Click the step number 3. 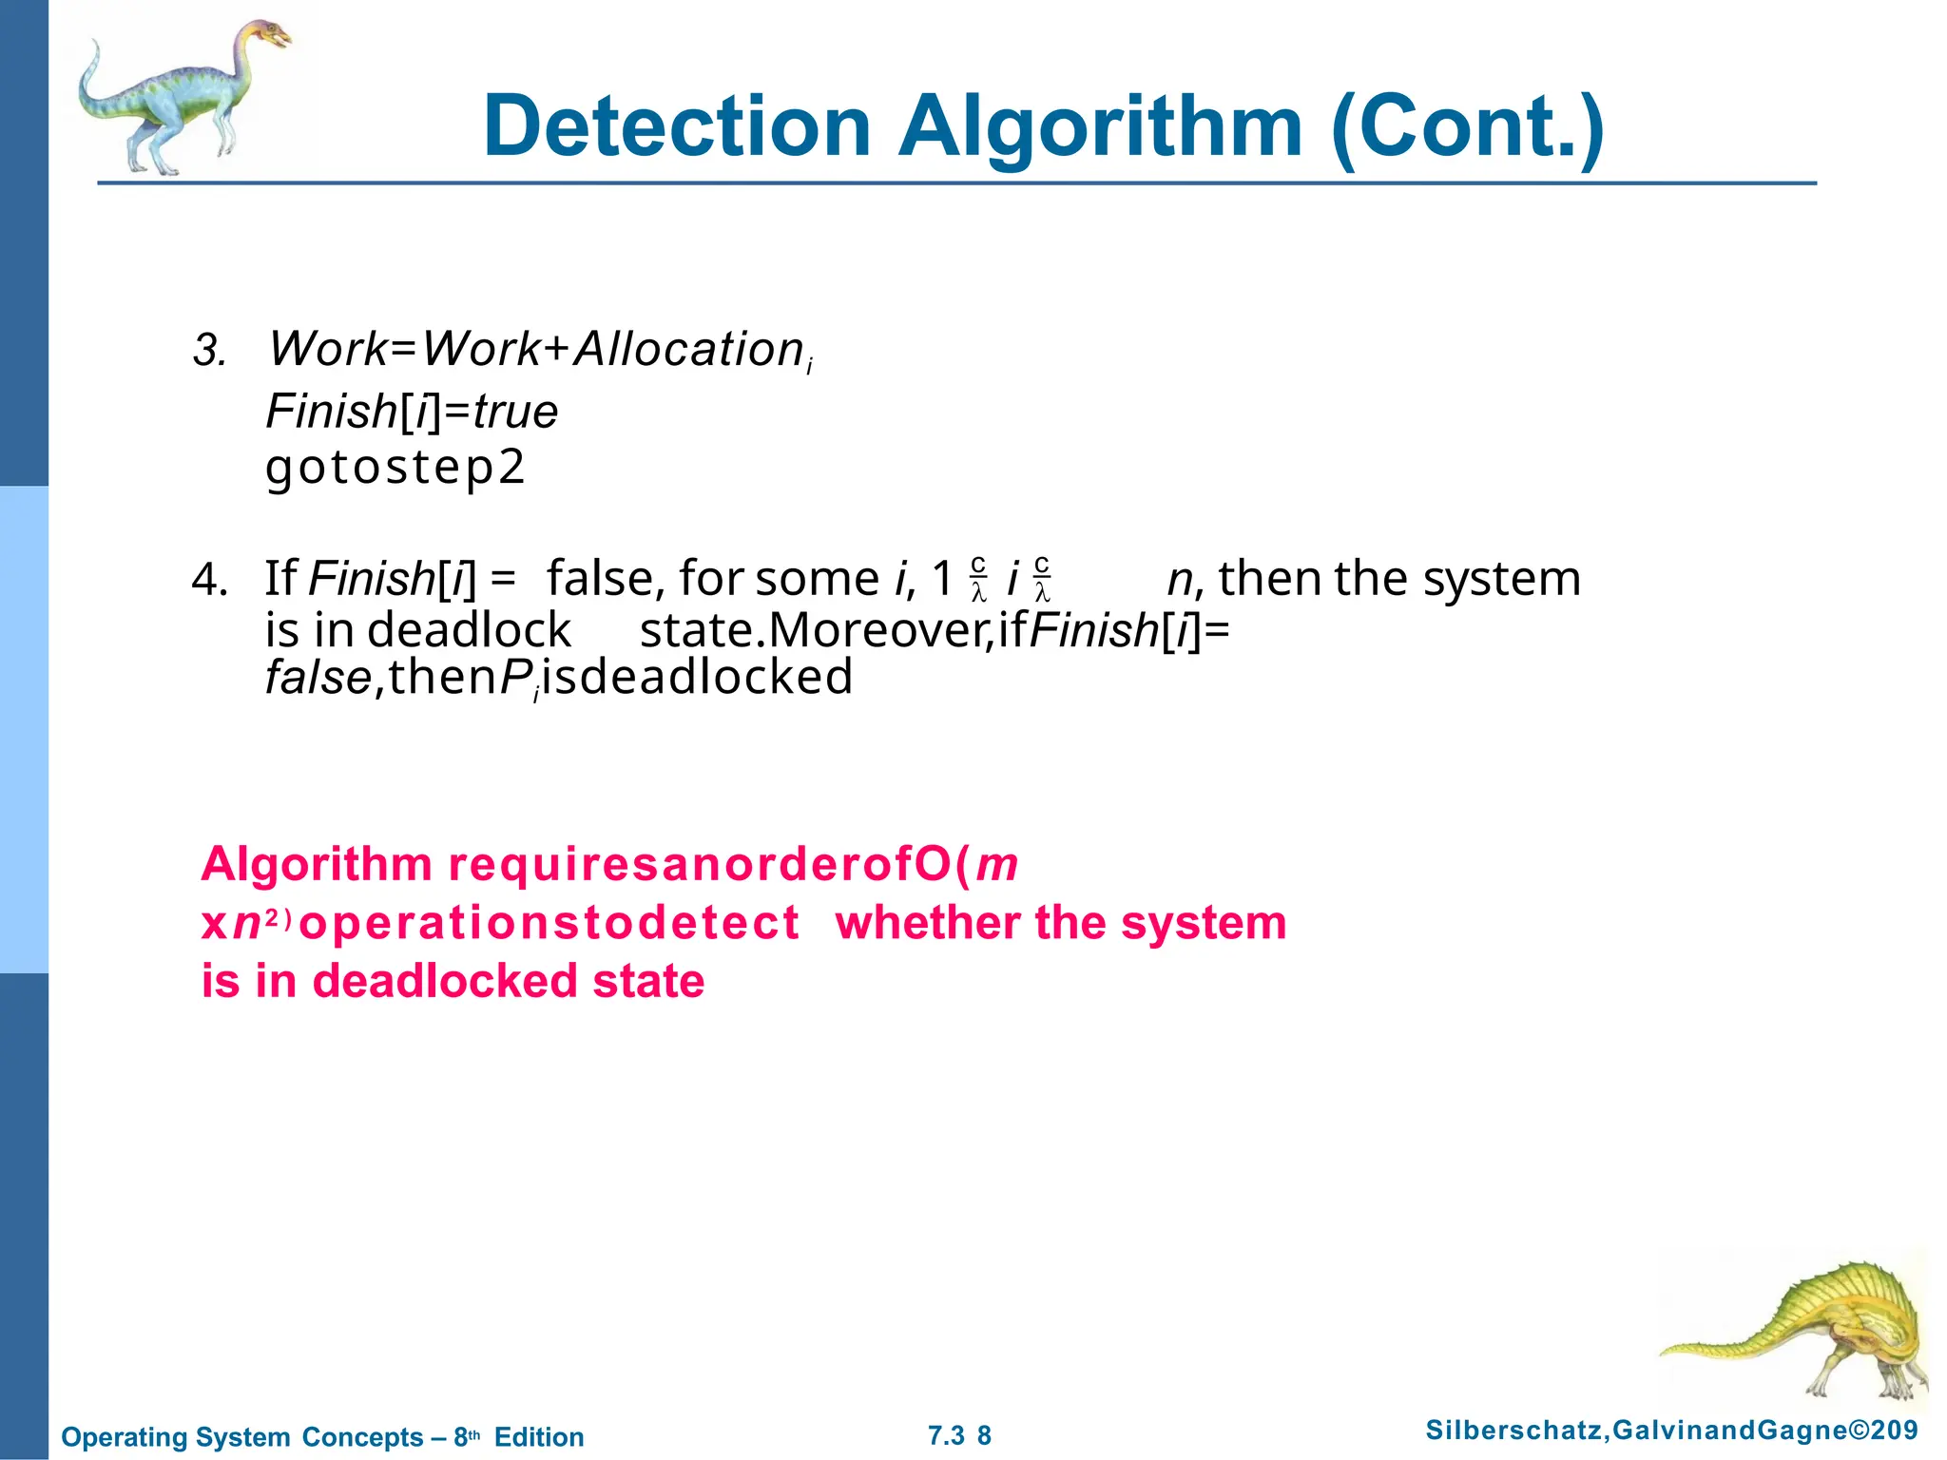208,351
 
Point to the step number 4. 208,580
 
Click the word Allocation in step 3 690,349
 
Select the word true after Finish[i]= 515,412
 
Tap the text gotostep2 395,467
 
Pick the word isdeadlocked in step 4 697,678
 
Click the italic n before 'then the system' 1180,579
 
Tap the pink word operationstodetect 549,923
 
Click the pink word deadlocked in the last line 446,981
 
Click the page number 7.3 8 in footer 959,1436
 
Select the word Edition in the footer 539,1437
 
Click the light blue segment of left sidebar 24,729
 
